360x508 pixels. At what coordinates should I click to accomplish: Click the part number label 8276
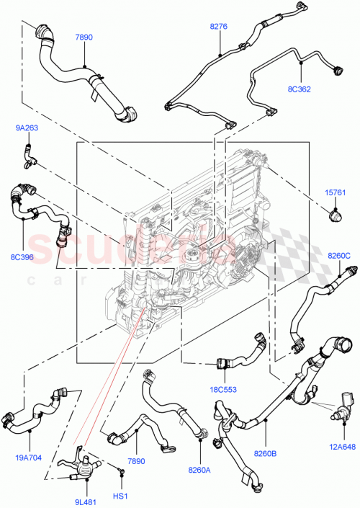tap(219, 27)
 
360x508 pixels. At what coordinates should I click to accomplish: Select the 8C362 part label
tap(299, 91)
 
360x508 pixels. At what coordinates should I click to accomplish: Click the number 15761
tap(336, 192)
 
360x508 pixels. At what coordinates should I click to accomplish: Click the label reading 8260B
tap(264, 453)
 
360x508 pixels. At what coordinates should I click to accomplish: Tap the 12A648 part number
tap(342, 446)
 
